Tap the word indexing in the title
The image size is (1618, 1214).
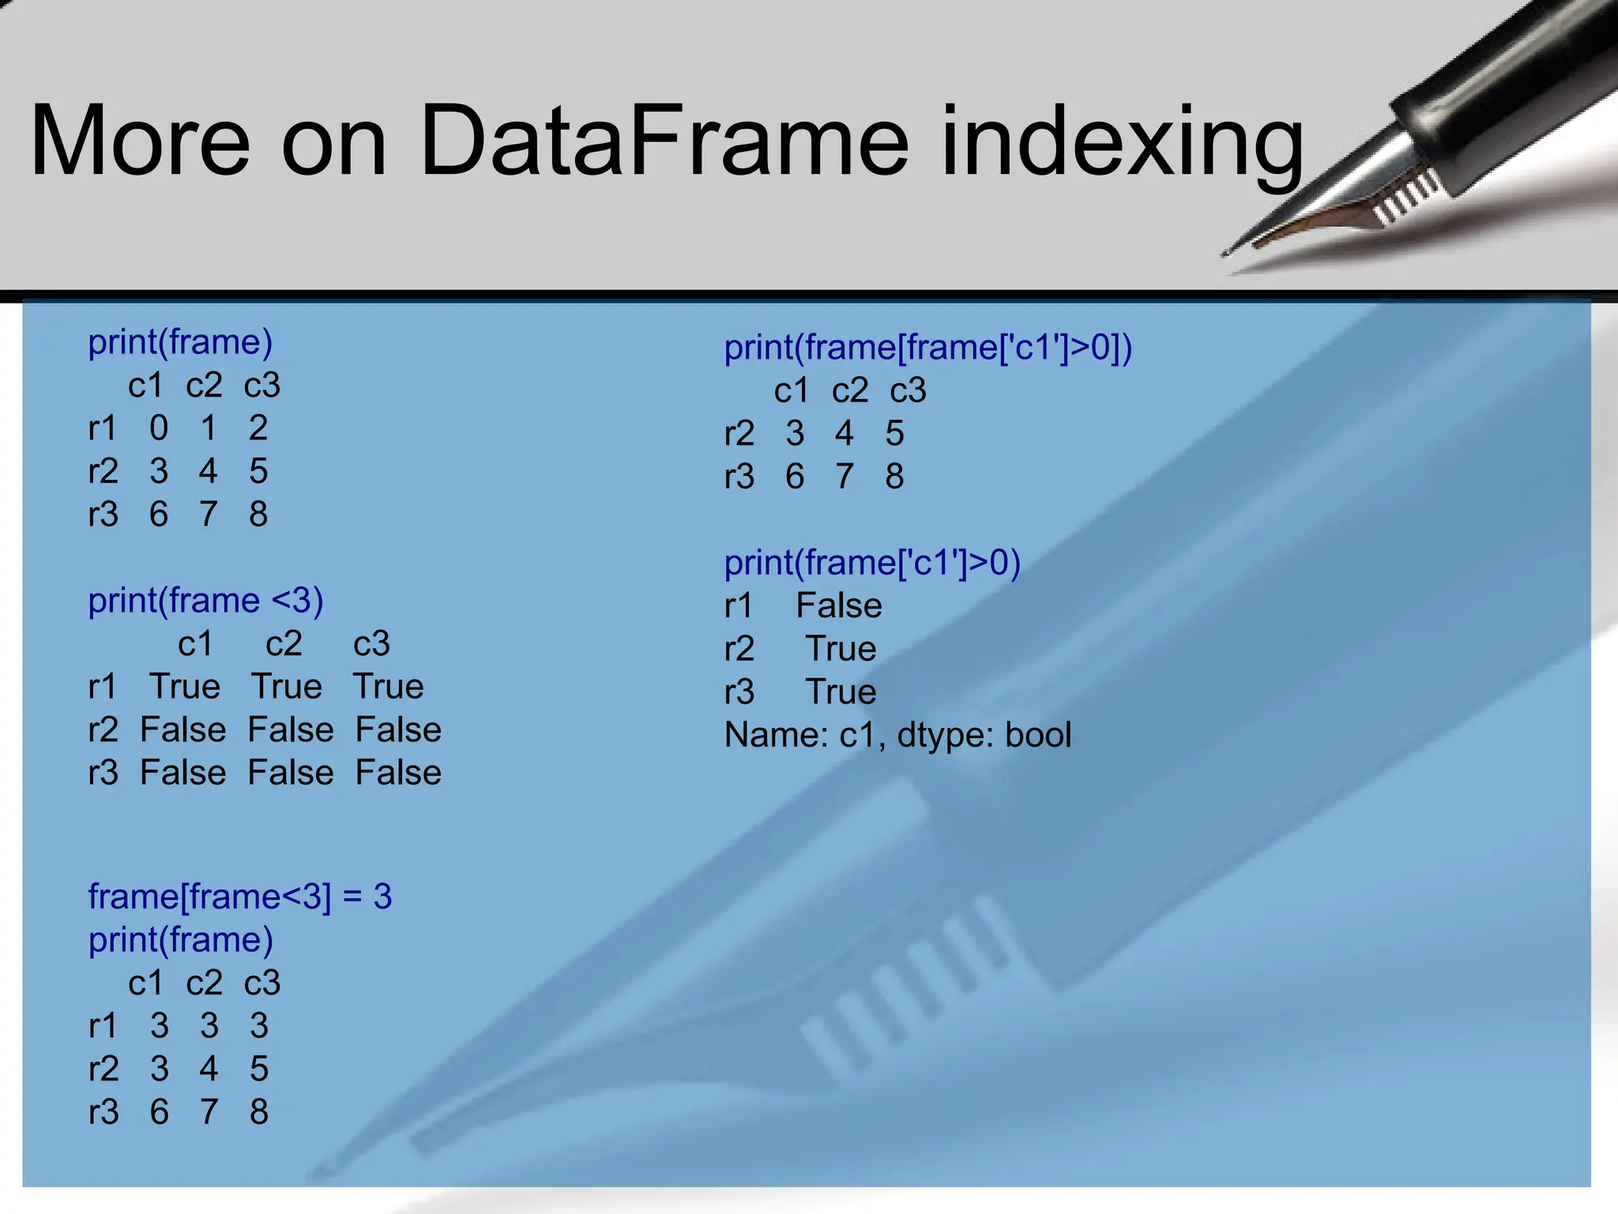(1122, 146)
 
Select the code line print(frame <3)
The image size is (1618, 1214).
(205, 601)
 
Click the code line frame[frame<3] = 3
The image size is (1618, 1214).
(240, 897)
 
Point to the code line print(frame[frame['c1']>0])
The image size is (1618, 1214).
(928, 348)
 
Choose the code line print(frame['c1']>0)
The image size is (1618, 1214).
(872, 563)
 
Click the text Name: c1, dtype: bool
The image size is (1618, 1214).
(897, 735)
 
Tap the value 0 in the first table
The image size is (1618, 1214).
(159, 428)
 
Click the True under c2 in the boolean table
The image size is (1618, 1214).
(287, 686)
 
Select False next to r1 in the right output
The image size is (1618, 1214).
(838, 606)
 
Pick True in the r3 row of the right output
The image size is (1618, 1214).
(841, 692)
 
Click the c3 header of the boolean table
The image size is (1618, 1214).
(371, 643)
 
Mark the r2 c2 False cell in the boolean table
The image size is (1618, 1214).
(291, 730)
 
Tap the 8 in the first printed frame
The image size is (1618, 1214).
(258, 515)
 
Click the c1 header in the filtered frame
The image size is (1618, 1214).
(792, 390)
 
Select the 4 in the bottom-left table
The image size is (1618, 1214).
(209, 1069)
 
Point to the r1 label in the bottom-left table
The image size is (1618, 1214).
(103, 1026)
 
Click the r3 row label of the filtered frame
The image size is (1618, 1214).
(739, 477)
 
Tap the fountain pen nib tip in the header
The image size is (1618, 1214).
(1227, 253)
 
